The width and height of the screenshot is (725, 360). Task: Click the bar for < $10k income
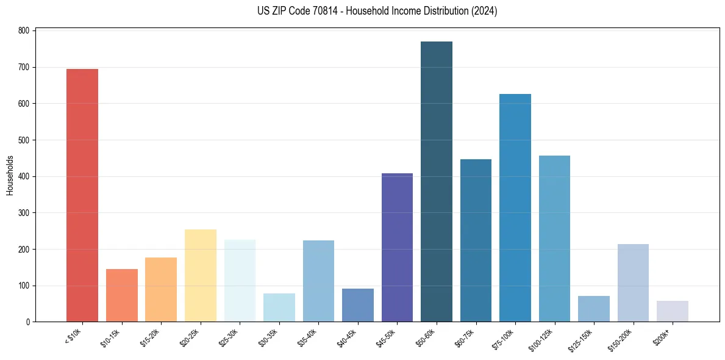(82, 195)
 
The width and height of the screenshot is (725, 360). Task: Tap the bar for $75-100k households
(515, 208)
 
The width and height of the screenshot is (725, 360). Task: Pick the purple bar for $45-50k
(397, 248)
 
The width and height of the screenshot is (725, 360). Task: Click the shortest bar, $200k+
(673, 311)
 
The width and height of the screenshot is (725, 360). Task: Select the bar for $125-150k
(594, 309)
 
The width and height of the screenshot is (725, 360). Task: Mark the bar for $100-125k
(554, 239)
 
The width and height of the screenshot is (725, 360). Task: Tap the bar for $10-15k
(122, 295)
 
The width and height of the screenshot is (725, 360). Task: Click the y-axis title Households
(10, 175)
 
